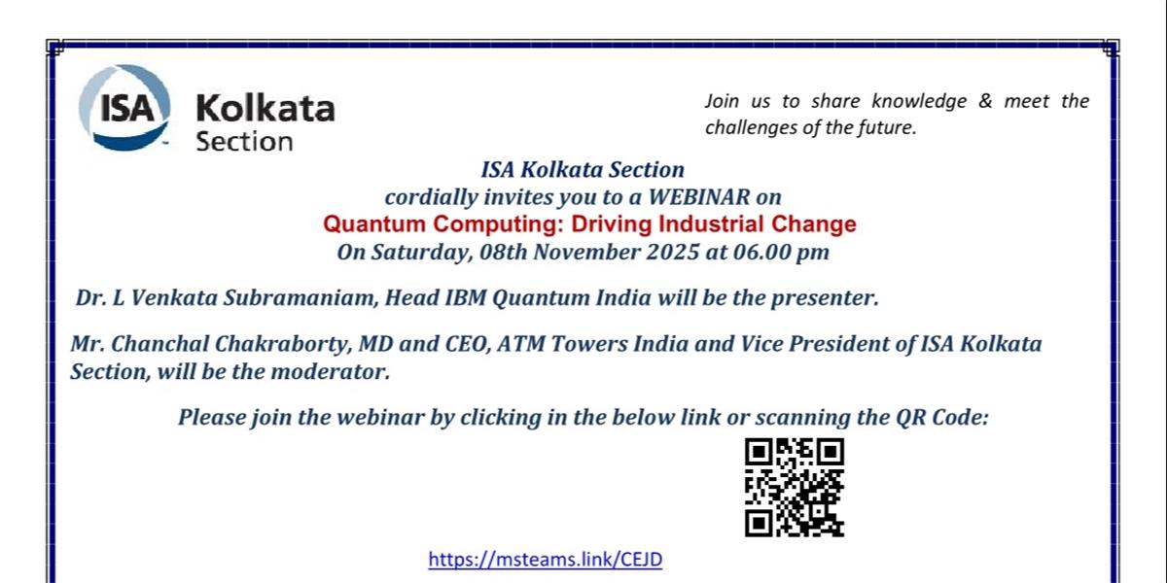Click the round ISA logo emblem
[124, 108]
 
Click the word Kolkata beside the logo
[265, 108]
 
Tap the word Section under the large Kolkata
[244, 142]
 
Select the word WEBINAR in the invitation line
[698, 196]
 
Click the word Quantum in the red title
[374, 224]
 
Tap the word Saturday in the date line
[422, 253]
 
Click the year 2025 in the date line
[673, 252]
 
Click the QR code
[794, 487]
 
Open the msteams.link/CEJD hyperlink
[545, 559]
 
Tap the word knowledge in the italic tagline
[919, 101]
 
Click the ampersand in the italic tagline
[985, 101]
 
